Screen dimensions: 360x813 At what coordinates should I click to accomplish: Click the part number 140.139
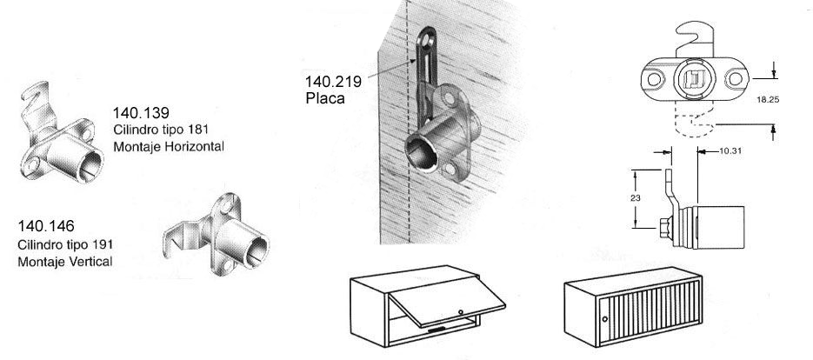140,113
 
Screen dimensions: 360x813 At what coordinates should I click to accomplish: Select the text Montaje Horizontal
168,147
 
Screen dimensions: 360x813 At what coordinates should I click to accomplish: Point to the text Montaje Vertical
64,261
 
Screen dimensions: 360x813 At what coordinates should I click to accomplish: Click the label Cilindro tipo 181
161,130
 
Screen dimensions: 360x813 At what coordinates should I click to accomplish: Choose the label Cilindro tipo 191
65,244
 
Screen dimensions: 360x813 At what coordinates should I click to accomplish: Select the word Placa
325,98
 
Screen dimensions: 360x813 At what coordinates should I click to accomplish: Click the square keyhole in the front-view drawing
693,80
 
